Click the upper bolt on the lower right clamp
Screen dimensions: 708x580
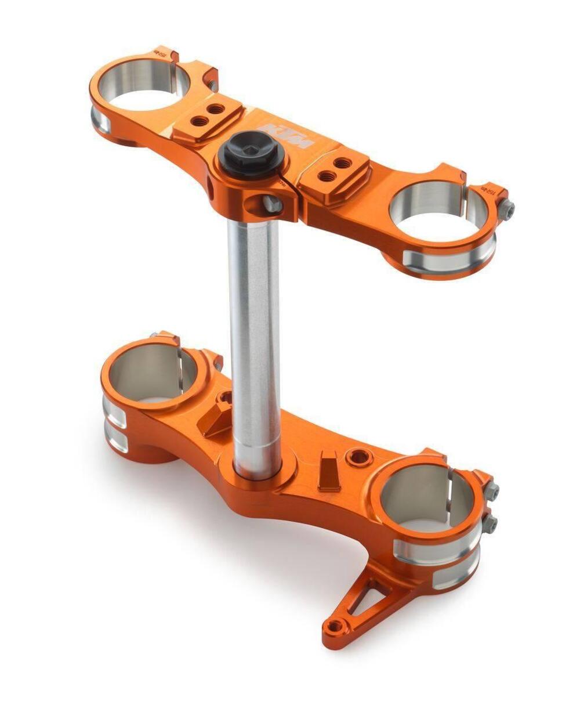pyautogui.click(x=492, y=491)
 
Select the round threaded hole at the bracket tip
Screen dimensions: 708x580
pyautogui.click(x=335, y=626)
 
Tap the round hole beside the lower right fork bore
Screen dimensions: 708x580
pyautogui.click(x=358, y=456)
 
